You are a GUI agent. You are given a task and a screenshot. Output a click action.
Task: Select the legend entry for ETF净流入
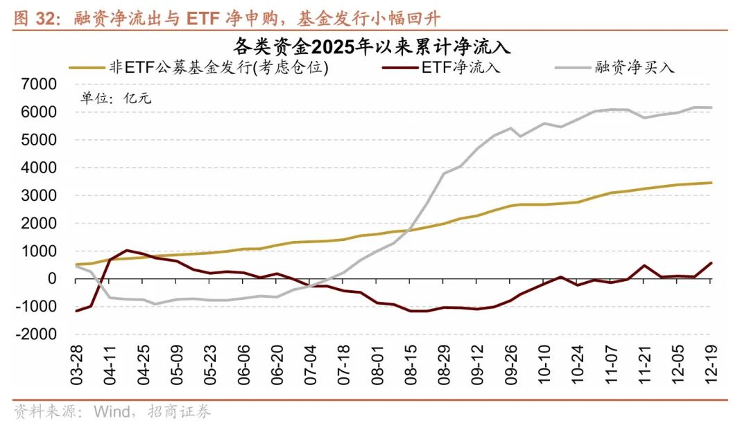click(x=460, y=67)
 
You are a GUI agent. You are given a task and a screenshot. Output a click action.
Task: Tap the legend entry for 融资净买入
click(x=635, y=67)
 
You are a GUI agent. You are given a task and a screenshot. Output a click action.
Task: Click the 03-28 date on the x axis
click(x=77, y=367)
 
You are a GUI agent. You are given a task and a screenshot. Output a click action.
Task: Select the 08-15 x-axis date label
click(x=411, y=367)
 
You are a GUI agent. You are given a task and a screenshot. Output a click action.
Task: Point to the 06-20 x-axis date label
click(x=277, y=367)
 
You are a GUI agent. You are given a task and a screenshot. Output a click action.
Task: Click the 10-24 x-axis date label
click(x=578, y=367)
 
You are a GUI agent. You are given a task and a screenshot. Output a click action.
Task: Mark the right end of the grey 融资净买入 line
click(x=712, y=107)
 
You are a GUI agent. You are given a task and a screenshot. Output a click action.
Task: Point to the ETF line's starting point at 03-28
click(x=76, y=311)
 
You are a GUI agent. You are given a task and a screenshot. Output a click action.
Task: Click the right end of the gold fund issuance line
click(x=712, y=183)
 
